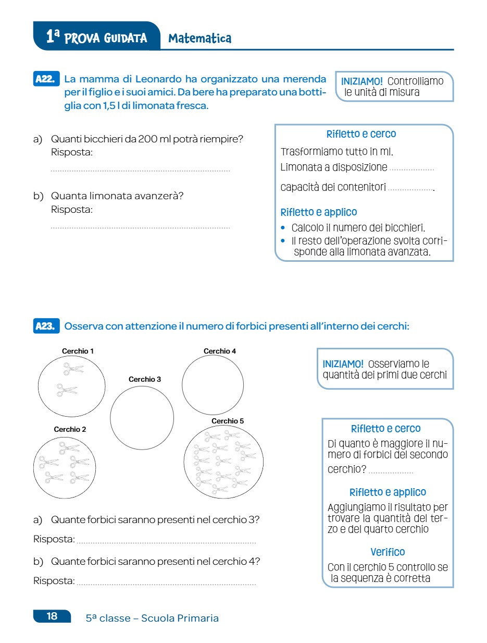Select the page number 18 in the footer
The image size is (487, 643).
click(52, 616)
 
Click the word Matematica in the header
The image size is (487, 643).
click(200, 38)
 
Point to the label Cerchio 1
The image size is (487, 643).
click(78, 351)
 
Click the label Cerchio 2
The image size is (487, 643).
click(70, 430)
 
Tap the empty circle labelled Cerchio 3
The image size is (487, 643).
click(142, 418)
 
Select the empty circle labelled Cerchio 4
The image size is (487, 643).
click(213, 385)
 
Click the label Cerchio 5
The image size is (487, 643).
click(228, 421)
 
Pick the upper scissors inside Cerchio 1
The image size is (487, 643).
click(73, 369)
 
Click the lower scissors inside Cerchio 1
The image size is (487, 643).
click(67, 390)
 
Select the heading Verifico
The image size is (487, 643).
click(388, 552)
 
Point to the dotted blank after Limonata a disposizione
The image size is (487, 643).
click(411, 169)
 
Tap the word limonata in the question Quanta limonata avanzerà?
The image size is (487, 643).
click(111, 196)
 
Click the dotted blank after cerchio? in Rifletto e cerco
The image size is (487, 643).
click(391, 472)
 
